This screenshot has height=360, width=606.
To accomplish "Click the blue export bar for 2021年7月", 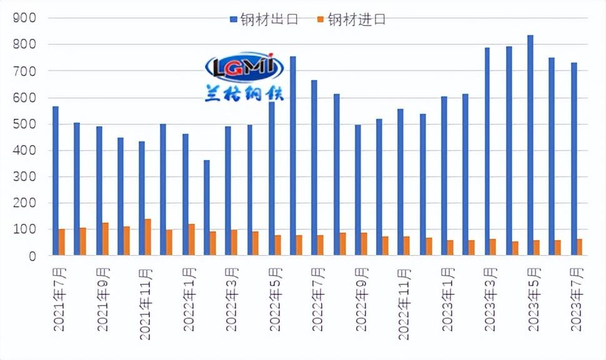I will click(56, 181).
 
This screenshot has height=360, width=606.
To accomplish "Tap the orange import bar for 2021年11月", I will click(148, 237).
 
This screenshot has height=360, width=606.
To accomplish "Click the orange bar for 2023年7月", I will click(580, 247).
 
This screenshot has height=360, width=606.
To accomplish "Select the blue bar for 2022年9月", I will click(357, 190).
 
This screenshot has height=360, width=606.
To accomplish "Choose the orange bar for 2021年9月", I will click(105, 239).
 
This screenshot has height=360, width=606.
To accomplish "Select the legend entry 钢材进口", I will click(351, 20).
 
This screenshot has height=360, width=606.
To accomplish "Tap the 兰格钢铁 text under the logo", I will click(244, 94).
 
